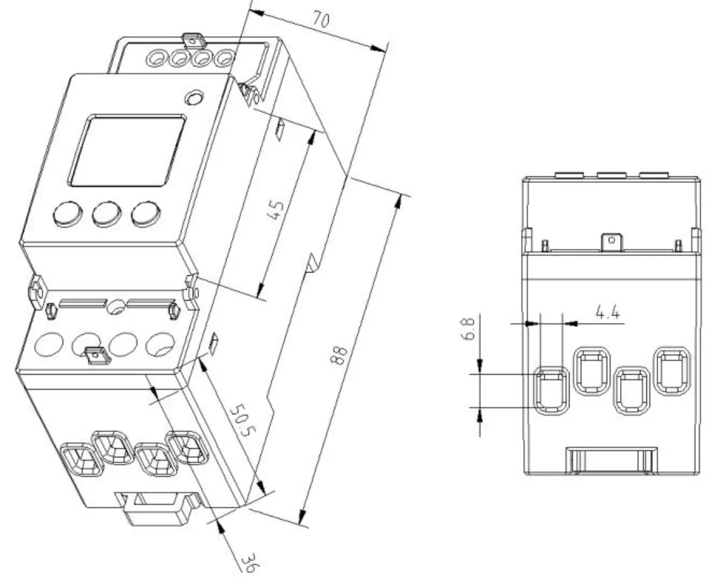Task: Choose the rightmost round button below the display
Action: point(145,213)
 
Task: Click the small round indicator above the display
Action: point(193,98)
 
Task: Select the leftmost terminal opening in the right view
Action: point(551,390)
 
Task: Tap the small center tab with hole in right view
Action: point(611,242)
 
